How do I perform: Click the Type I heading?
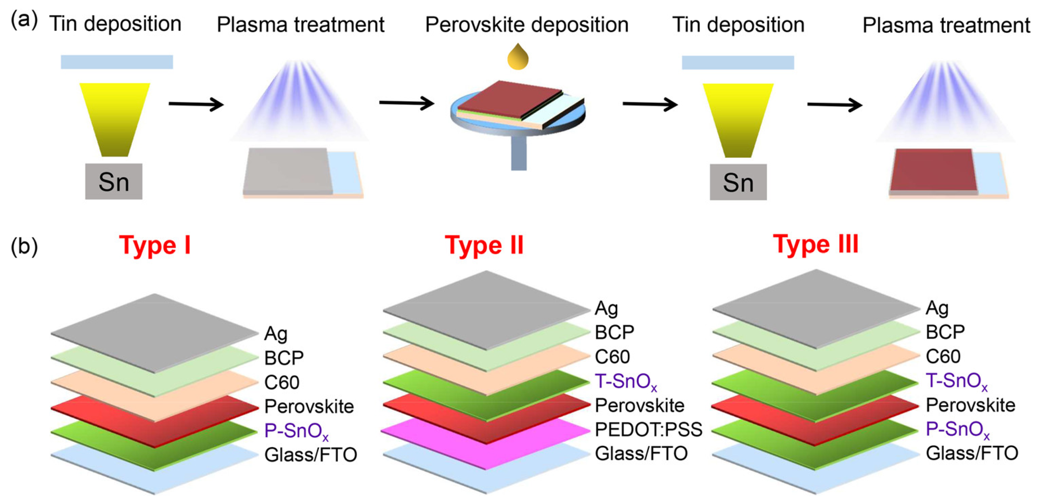click(x=155, y=245)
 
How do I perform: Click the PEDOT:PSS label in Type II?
click(x=648, y=429)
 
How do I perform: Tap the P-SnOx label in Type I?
click(x=296, y=431)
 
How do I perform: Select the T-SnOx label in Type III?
click(x=956, y=381)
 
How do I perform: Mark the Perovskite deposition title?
click(x=527, y=25)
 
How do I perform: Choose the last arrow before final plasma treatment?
click(x=834, y=105)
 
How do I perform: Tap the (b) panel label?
click(x=24, y=247)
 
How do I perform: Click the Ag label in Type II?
click(x=606, y=309)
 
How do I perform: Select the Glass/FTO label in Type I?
click(x=310, y=455)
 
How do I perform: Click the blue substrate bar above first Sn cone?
click(x=117, y=62)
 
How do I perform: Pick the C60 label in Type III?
click(x=943, y=356)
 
